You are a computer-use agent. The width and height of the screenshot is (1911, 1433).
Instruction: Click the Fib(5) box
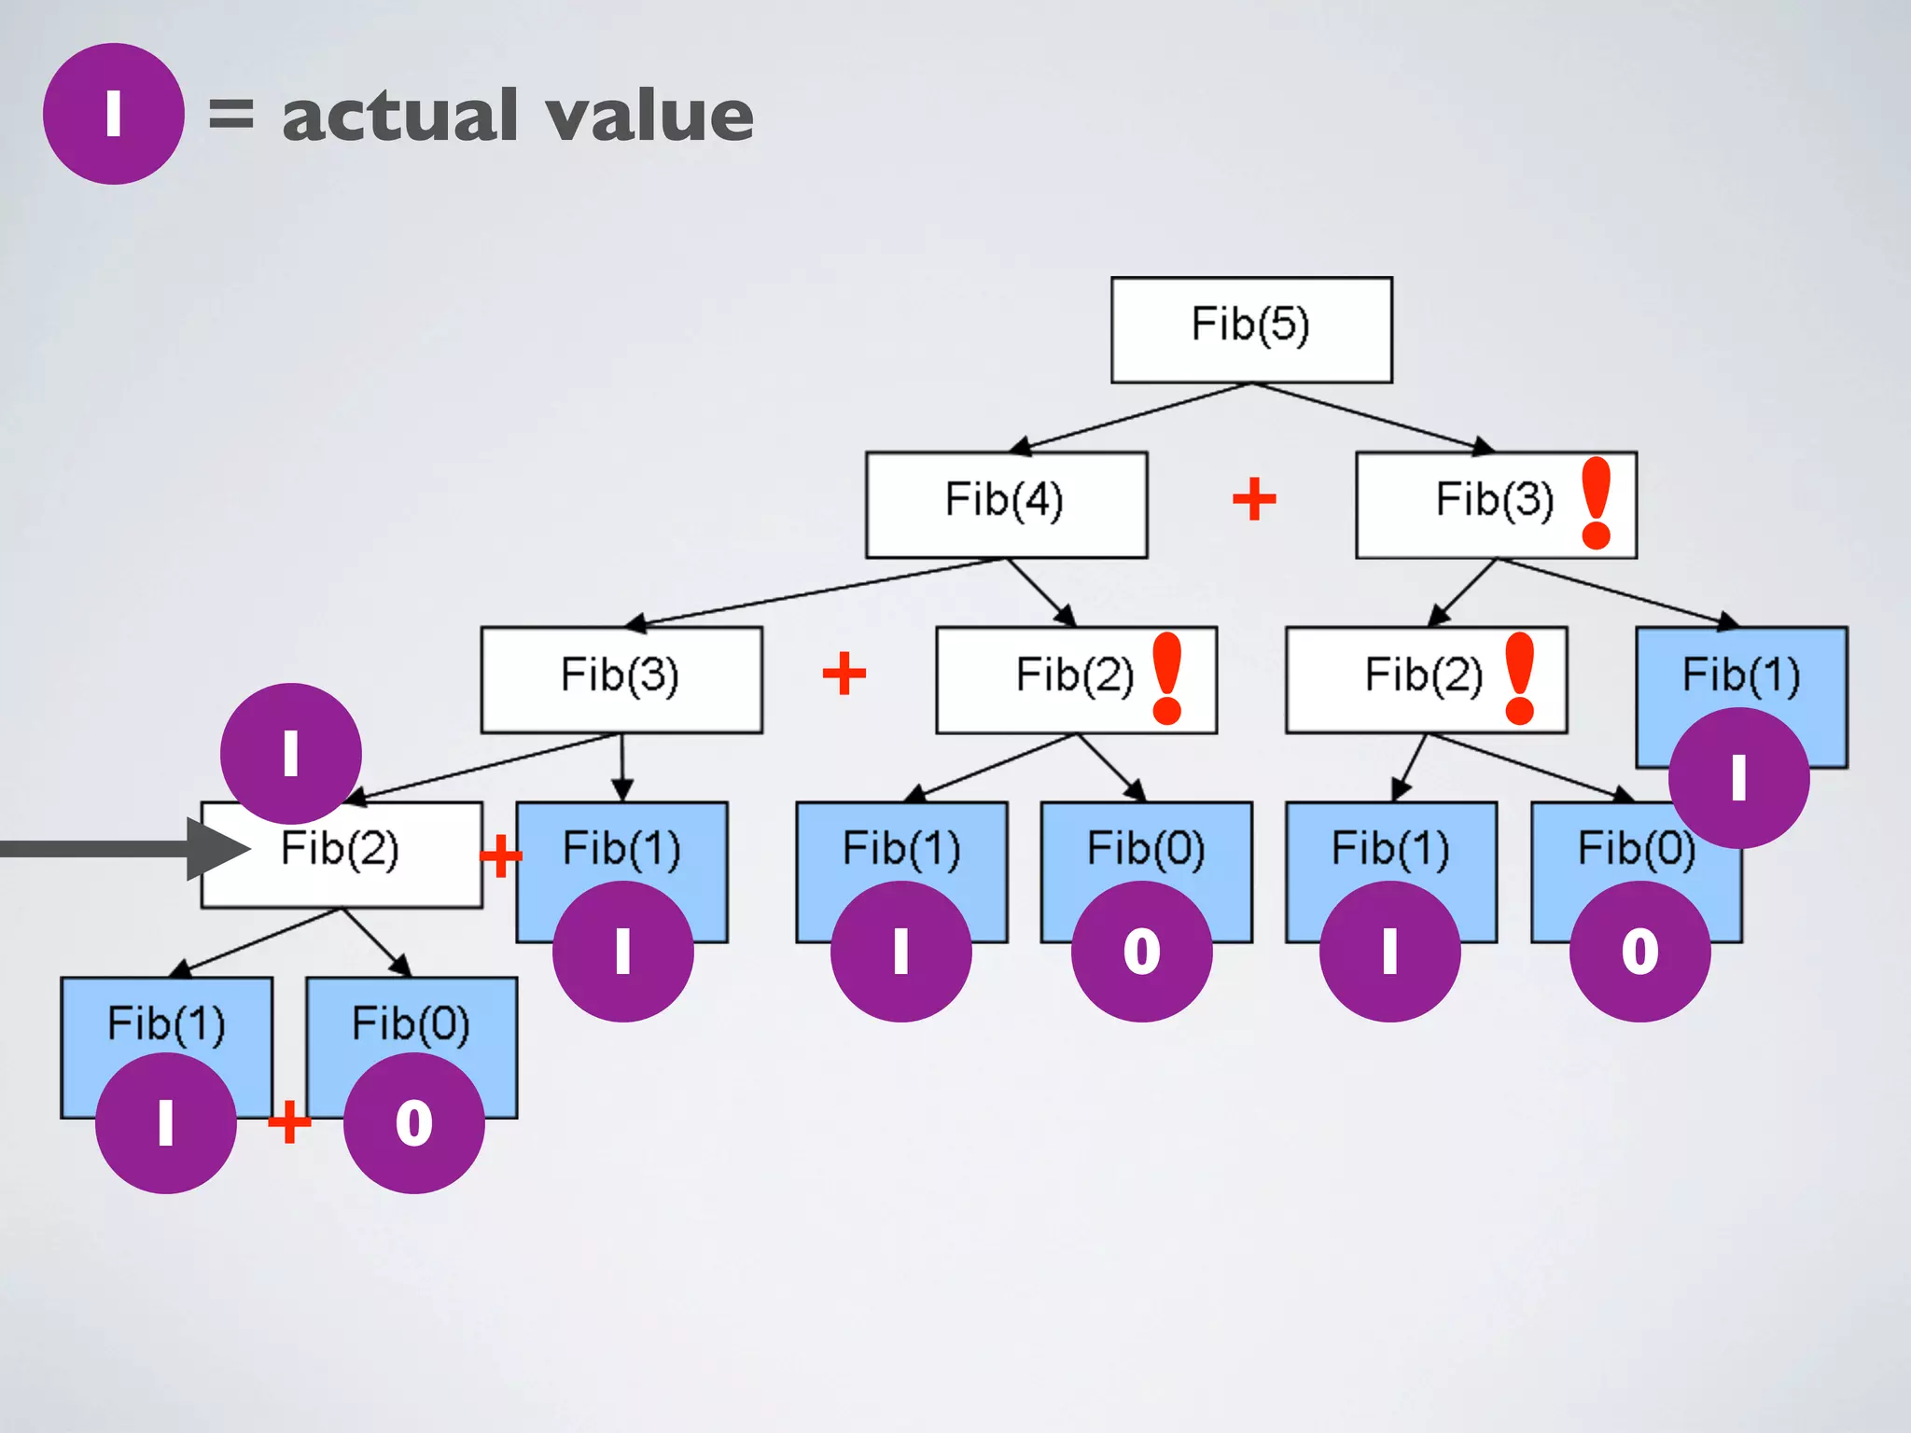point(1251,329)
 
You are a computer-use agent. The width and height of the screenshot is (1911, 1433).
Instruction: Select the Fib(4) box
point(1006,505)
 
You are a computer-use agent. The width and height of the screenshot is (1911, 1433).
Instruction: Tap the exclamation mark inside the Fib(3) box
point(1597,502)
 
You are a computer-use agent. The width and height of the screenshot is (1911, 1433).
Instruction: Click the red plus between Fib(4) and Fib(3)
point(1254,499)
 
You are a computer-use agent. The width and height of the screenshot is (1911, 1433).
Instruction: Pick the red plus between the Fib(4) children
point(844,674)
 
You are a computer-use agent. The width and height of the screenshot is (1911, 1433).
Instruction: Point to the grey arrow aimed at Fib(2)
point(121,849)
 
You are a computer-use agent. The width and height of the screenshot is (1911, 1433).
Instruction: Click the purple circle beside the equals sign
point(113,114)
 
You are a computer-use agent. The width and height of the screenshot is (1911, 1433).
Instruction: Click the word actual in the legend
point(400,116)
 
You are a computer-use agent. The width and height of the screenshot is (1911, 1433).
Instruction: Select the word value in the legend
point(649,116)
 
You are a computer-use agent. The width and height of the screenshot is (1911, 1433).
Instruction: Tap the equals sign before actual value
point(230,114)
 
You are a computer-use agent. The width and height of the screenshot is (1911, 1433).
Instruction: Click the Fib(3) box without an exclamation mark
point(621,679)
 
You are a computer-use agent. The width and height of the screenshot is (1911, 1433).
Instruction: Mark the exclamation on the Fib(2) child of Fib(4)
point(1167,678)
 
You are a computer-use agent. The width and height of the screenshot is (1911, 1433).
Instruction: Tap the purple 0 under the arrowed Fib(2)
point(413,1122)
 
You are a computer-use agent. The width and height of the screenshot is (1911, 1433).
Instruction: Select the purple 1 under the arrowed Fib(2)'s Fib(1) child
point(166,1122)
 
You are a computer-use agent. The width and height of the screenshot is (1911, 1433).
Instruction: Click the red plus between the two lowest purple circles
point(289,1121)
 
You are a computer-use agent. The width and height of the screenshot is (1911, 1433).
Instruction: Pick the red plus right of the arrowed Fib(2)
point(501,856)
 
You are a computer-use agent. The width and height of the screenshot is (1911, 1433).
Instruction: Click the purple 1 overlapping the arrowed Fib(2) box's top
point(290,753)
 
